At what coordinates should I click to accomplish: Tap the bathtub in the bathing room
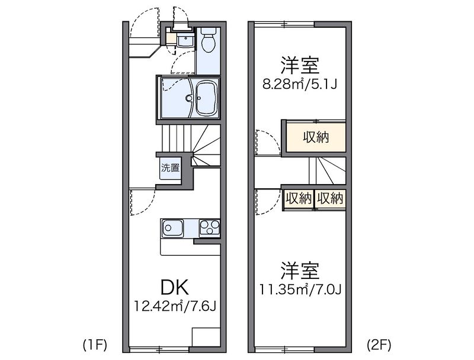[x=207, y=98]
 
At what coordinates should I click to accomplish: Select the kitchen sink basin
[x=172, y=229]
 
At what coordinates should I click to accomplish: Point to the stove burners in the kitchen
[x=209, y=228]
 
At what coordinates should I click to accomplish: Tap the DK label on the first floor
[x=175, y=287]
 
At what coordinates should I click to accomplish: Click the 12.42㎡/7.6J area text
[x=175, y=307]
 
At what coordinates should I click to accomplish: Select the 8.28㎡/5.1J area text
[x=299, y=85]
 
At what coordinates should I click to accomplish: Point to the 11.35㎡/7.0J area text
[x=300, y=290]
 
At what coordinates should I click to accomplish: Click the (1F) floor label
[x=95, y=345]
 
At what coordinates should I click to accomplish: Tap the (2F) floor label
[x=379, y=345]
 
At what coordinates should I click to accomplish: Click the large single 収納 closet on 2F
[x=316, y=137]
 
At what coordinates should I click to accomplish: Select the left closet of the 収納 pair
[x=299, y=199]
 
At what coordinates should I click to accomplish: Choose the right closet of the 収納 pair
[x=330, y=199]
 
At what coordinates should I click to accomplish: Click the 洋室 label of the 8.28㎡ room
[x=300, y=65]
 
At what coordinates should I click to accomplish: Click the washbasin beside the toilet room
[x=185, y=40]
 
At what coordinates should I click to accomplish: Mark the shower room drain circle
[x=190, y=98]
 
